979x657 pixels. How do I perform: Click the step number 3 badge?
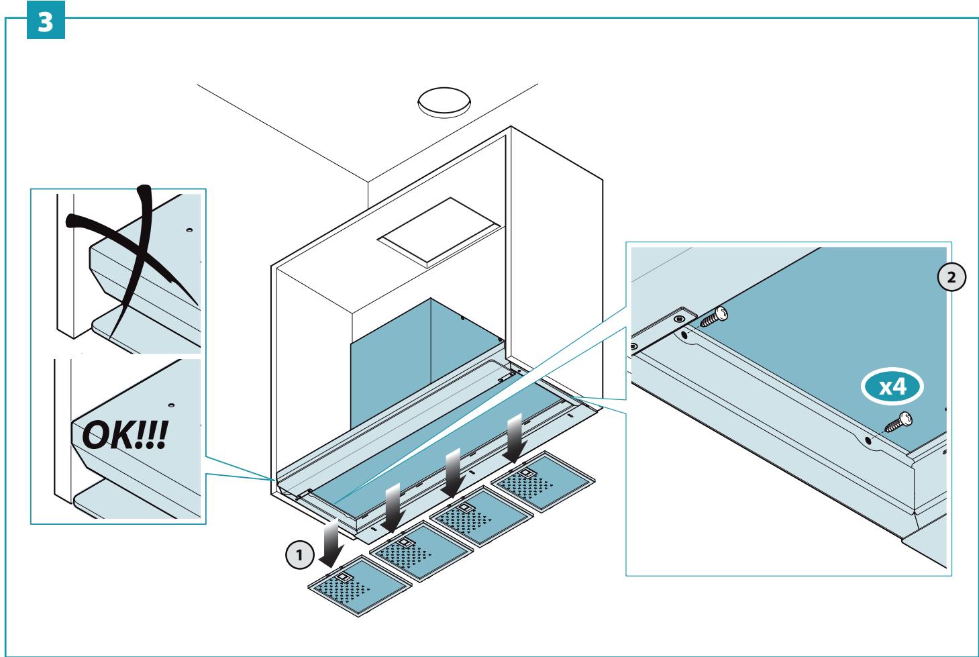point(46,20)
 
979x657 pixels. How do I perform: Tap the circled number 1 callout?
point(299,555)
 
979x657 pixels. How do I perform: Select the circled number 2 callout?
point(951,277)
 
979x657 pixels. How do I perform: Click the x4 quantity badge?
point(892,387)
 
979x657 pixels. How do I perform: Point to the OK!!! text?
point(125,434)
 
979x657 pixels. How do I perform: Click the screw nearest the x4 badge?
point(898,423)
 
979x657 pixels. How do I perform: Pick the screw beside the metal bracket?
point(714,317)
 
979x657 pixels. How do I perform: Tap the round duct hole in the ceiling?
point(444,102)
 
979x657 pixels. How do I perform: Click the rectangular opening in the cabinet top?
point(439,232)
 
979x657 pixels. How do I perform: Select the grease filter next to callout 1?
point(360,586)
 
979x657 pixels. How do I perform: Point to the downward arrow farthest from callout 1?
point(515,438)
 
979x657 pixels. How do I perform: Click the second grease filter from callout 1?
point(421,551)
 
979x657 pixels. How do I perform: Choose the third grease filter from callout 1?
point(482,516)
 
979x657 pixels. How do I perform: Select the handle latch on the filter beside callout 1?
point(344,577)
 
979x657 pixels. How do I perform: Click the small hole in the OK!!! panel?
point(171,405)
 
